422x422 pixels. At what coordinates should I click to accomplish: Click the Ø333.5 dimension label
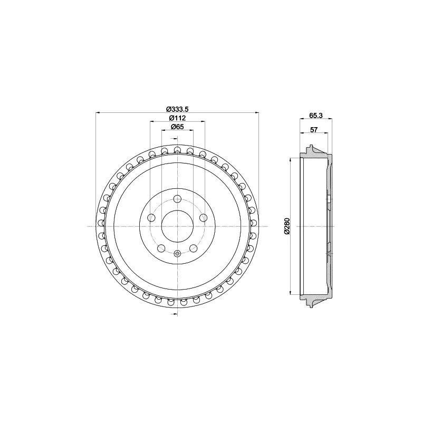pos(177,109)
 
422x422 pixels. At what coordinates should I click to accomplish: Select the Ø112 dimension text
pos(177,118)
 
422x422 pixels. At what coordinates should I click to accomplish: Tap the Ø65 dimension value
pos(177,127)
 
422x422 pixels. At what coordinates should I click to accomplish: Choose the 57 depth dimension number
pos(314,129)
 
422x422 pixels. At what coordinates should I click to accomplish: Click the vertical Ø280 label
pos(287,226)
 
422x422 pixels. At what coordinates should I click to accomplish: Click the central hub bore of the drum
pos(177,226)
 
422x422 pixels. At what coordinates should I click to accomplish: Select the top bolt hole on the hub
pos(177,199)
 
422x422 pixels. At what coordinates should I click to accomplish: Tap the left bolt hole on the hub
pos(151,217)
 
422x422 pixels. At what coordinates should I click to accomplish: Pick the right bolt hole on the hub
pos(203,217)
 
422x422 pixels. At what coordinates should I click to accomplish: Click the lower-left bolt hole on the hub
pos(161,248)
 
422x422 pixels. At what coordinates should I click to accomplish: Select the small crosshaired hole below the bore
pos(177,254)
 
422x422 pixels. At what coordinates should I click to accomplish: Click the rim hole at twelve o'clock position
pos(177,149)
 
